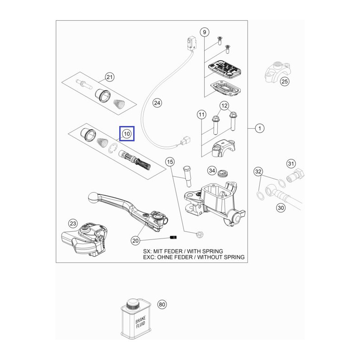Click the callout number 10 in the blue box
[126, 134]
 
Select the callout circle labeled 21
[110, 77]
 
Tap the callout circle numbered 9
[204, 32]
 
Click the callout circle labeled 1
[259, 129]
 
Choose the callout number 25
[284, 81]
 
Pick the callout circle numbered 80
[162, 305]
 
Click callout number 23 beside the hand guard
[73, 223]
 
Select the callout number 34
[211, 171]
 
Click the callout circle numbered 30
[281, 208]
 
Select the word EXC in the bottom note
[149, 257]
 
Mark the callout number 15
[170, 162]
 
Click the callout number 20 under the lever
[135, 241]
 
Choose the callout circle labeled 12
[224, 106]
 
